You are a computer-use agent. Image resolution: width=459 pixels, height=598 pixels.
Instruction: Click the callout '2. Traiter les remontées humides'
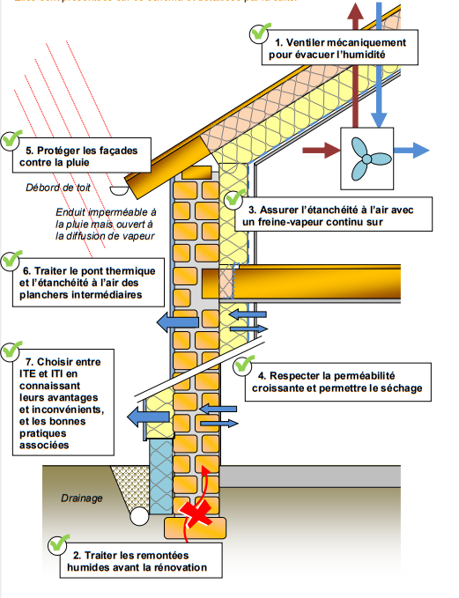(139, 561)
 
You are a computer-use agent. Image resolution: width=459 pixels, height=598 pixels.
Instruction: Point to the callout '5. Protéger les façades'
(83, 157)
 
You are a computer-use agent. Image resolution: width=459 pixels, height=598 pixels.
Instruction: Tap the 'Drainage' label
(82, 498)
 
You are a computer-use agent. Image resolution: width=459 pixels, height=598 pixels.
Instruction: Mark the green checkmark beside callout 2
(60, 545)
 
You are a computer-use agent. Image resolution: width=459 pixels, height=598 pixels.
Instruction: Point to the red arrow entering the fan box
(320, 151)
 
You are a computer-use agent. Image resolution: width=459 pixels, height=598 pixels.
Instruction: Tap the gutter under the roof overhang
(118, 187)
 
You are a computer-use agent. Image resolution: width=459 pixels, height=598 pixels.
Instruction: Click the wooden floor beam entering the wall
(326, 282)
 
